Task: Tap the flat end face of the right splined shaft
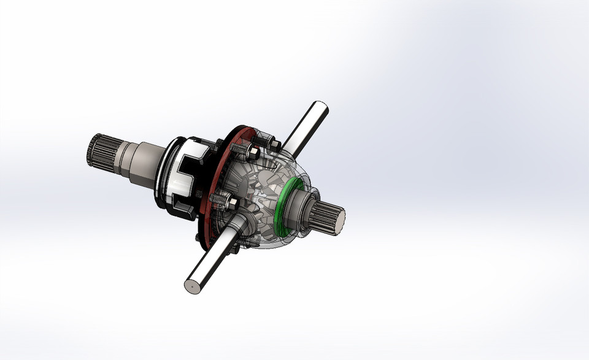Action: tap(337, 217)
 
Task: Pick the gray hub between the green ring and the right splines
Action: tap(301, 209)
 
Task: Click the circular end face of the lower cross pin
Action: tap(192, 285)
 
